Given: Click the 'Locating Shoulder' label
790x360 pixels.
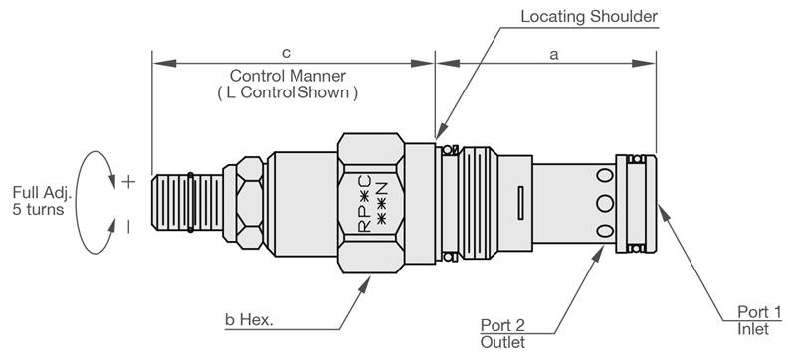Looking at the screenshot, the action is pos(589,17).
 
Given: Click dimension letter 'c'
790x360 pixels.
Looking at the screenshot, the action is pos(286,54).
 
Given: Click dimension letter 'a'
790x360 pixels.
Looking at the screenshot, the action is pos(554,55).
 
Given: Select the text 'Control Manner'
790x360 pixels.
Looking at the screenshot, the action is pos(288,76).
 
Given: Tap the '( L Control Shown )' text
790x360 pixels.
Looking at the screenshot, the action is pos(288,92).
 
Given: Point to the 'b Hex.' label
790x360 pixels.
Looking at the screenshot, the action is pos(249,320).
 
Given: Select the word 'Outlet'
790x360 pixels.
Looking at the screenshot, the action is pos(502,342).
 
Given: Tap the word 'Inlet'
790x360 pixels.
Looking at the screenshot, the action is pos(753,329).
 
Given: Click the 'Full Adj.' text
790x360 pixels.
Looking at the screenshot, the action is pos(43,192).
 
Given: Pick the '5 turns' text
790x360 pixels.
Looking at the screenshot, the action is pos(38,209).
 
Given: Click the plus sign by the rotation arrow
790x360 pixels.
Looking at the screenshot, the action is pos(128,182).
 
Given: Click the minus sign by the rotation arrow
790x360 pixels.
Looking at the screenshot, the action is pos(128,227).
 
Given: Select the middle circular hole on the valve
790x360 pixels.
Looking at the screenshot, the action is pos(605,204).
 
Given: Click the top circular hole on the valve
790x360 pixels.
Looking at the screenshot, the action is pos(605,175).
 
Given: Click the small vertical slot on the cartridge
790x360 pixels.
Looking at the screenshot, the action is pos(521,203).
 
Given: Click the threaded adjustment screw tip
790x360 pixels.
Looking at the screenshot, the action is pos(187,203).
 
